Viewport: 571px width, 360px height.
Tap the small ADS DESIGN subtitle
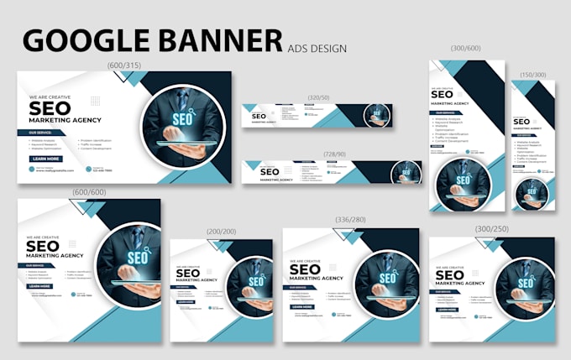coord(317,48)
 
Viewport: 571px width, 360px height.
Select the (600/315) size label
coord(125,65)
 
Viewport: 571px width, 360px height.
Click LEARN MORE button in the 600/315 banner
coord(46,159)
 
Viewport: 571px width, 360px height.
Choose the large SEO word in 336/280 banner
coord(306,270)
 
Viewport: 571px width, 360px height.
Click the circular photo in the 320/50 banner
coord(378,115)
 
